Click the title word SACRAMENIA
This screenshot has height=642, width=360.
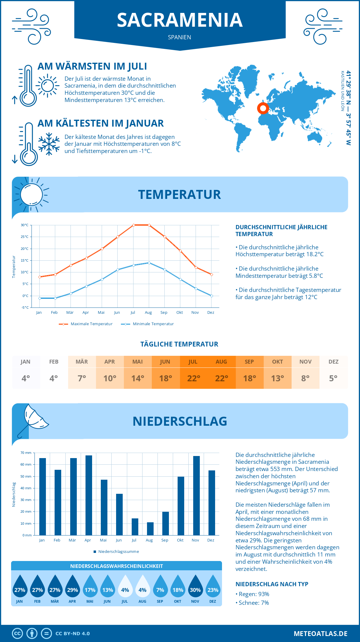point(180,20)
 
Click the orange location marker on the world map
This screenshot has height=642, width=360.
point(263,108)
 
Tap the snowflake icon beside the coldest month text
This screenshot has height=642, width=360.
point(49,144)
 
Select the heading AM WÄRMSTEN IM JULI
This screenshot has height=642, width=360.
point(92,66)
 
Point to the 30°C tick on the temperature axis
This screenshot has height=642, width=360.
point(25,225)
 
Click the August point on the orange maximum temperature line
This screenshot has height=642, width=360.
point(149,225)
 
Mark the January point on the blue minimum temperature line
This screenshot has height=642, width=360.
point(40,298)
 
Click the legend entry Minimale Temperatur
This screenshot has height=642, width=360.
point(153,324)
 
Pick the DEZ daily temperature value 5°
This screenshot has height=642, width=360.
point(333,378)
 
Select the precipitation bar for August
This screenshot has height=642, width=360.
point(150,529)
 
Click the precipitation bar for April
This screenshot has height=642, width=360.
point(89,495)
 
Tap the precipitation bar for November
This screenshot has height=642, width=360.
point(196,495)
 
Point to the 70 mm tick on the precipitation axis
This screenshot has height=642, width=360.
point(26,453)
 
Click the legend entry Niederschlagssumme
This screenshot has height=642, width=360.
point(118,552)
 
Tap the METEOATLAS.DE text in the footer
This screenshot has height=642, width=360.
point(320,634)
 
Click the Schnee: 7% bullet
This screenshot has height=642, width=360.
point(254,603)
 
